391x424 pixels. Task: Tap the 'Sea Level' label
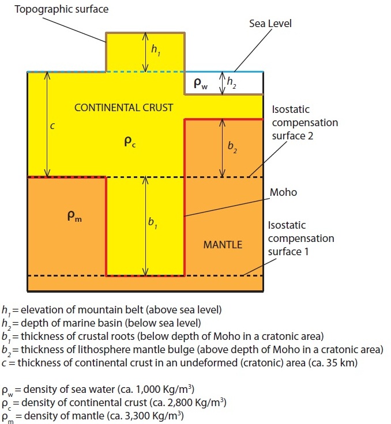point(270,24)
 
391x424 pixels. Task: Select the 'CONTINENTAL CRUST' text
point(124,108)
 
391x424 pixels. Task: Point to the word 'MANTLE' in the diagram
point(223,245)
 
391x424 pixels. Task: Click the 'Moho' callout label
point(284,192)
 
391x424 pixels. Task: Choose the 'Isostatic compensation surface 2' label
point(304,123)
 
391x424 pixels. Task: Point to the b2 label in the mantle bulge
point(231,148)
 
